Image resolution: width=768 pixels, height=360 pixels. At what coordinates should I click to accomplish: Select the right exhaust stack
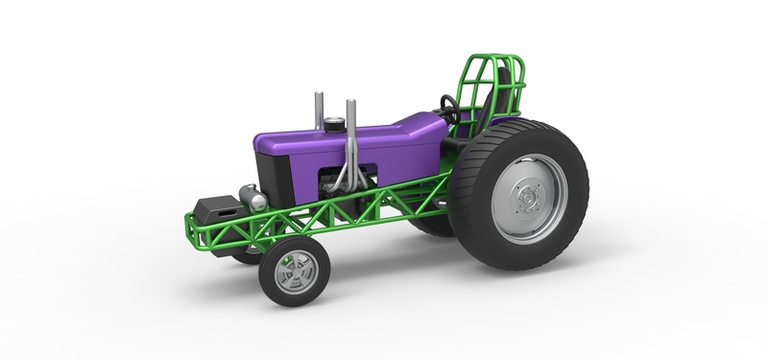click(350, 144)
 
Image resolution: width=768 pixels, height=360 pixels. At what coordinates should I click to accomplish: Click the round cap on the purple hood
click(333, 124)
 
